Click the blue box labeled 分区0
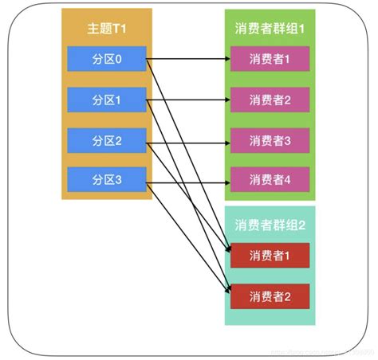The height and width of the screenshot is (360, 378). [106, 59]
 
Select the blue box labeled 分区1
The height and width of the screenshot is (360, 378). [106, 100]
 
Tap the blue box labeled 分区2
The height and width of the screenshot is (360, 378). [106, 140]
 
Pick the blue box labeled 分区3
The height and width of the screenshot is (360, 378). [106, 181]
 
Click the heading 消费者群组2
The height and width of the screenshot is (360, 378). [270, 225]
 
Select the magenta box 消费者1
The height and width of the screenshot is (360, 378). [270, 59]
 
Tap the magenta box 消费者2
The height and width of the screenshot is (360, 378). [270, 100]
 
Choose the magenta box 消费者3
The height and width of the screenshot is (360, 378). [270, 140]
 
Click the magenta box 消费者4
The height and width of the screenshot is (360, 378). [270, 181]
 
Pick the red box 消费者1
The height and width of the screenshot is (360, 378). [270, 255]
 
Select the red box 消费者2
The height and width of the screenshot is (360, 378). [270, 295]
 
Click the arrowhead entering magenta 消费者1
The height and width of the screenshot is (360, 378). [226, 59]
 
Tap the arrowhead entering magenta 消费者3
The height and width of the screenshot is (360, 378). [226, 142]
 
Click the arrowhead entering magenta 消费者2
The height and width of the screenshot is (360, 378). [226, 100]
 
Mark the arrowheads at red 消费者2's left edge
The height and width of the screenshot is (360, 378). [227, 294]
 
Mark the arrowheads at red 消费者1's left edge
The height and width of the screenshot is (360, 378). [227, 253]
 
